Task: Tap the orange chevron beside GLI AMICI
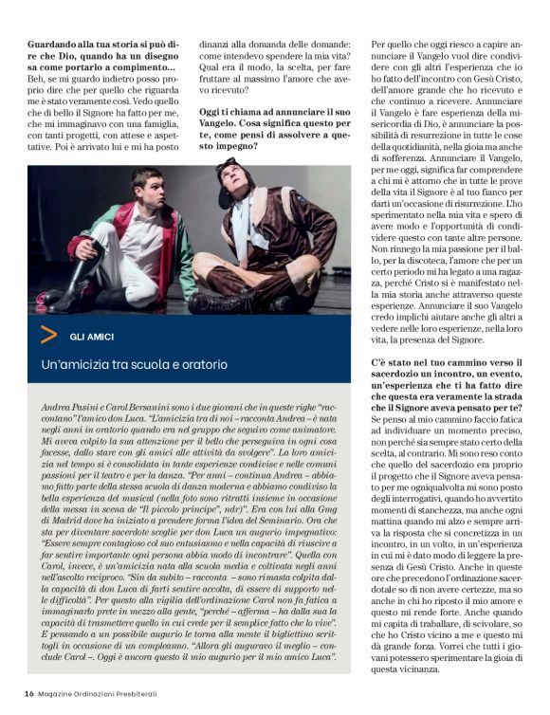tap(48, 334)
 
